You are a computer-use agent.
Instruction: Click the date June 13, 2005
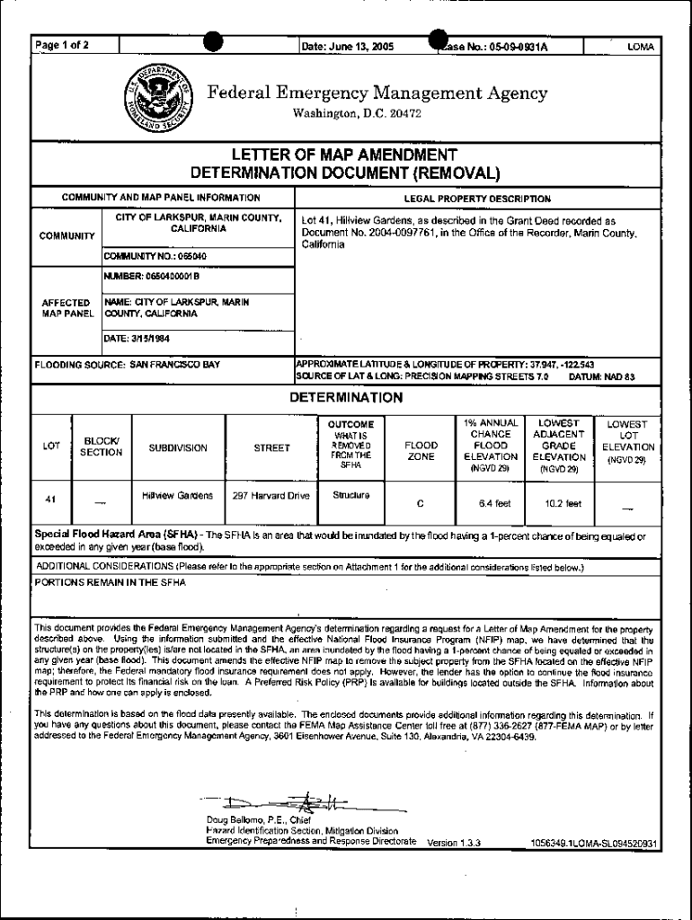[x=348, y=46]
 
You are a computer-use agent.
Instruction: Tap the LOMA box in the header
[x=640, y=47]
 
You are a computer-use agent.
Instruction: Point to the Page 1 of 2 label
[x=62, y=46]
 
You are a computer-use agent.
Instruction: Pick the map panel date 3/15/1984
[x=138, y=339]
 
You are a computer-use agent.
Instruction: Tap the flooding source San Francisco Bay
[x=127, y=366]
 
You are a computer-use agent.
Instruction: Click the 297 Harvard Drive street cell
[x=271, y=495]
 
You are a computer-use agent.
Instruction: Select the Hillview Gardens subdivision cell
[x=177, y=495]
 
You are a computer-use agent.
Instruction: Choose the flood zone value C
[x=421, y=503]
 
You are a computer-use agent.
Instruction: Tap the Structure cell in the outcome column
[x=346, y=494]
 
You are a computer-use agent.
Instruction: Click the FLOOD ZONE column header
[x=421, y=450]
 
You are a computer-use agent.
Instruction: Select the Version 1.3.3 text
[x=454, y=843]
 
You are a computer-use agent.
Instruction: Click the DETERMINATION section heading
[x=345, y=397]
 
